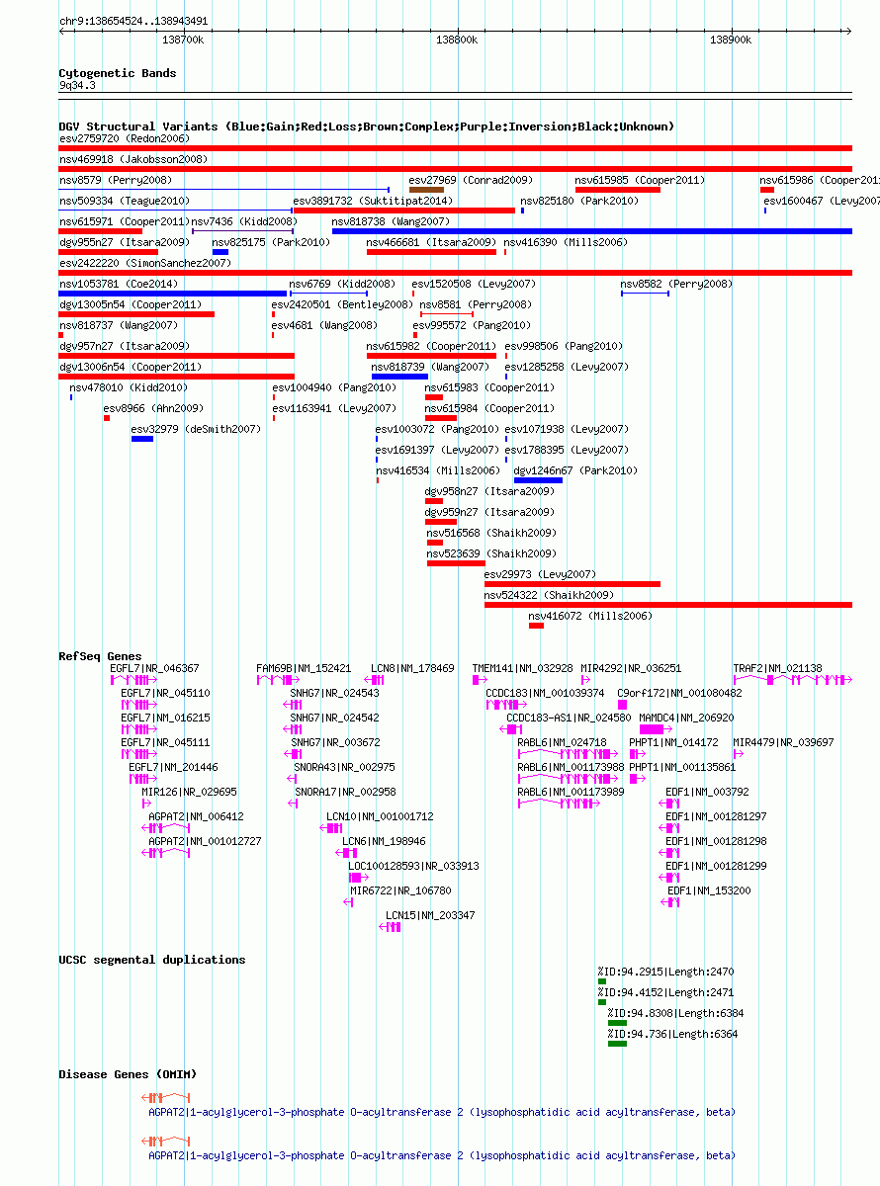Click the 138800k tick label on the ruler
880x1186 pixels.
[457, 41]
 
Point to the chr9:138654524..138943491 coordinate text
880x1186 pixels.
[133, 21]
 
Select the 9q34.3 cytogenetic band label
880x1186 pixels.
[77, 85]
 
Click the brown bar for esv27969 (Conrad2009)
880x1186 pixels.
[426, 190]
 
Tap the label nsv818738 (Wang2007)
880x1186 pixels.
[391, 221]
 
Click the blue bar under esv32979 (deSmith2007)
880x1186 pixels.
[142, 439]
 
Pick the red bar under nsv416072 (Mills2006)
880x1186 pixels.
[536, 626]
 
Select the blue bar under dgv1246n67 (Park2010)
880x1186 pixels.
[538, 480]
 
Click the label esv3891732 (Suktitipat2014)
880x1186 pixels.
[373, 201]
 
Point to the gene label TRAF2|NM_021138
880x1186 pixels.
[777, 668]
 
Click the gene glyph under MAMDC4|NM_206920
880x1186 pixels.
[656, 728]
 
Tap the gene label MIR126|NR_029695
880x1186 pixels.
[189, 792]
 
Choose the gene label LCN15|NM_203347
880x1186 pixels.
[430, 915]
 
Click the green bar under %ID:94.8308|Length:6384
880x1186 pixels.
[617, 1023]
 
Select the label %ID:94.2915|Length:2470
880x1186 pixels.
[665, 972]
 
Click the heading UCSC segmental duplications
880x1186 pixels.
[152, 960]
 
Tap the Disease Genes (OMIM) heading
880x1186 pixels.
[128, 1074]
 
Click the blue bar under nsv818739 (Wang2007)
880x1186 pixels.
[399, 377]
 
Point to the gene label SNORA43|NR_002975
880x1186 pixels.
[344, 767]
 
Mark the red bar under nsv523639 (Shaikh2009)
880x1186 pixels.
[457, 563]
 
